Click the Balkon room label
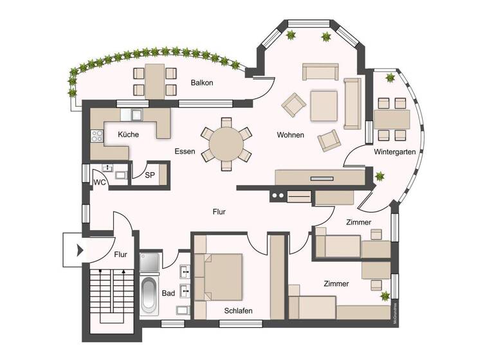click(202, 83)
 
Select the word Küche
click(129, 134)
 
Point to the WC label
click(100, 182)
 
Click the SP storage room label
click(149, 175)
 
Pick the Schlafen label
click(238, 310)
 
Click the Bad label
click(169, 293)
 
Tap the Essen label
click(185, 151)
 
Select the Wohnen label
click(291, 135)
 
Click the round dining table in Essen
click(226, 143)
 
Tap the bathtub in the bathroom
click(149, 295)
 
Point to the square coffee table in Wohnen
click(324, 106)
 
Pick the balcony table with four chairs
click(154, 81)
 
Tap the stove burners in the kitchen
click(98, 136)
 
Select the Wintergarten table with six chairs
click(392, 120)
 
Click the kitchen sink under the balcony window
click(136, 115)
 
